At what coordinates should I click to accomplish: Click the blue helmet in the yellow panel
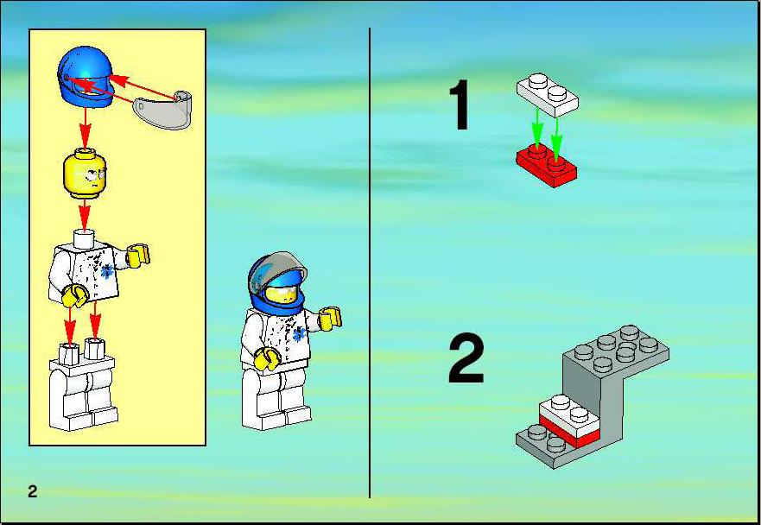click(x=86, y=76)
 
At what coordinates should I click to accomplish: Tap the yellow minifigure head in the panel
click(x=85, y=174)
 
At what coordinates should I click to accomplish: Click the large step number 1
click(x=460, y=104)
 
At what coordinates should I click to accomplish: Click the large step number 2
click(x=466, y=358)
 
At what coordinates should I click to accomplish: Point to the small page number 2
click(x=32, y=491)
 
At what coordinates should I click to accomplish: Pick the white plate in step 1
click(x=547, y=95)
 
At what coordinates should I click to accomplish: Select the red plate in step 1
click(x=547, y=165)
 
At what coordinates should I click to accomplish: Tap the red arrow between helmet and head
click(x=85, y=127)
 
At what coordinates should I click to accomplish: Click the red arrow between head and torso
click(x=85, y=214)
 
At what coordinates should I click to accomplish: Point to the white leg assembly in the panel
click(x=83, y=385)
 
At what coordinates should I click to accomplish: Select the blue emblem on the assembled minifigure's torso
click(x=299, y=334)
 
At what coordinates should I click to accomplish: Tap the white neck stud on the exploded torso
click(x=85, y=238)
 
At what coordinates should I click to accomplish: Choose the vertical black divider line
click(x=370, y=262)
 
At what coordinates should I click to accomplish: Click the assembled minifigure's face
click(x=282, y=294)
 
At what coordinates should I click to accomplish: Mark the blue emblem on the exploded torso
click(x=107, y=271)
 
